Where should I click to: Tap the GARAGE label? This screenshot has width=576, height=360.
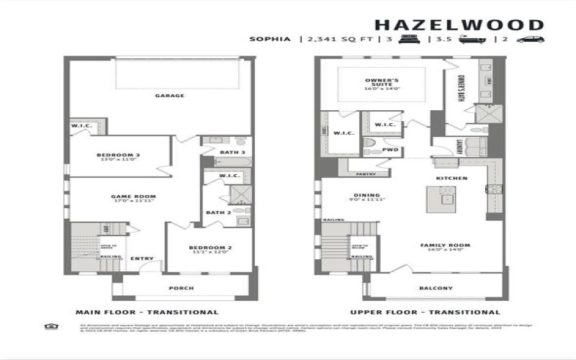[170, 95]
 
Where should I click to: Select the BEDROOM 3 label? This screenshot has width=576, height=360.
[118, 155]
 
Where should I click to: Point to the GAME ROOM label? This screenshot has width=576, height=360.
[133, 196]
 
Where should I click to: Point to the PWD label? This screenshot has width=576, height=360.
[390, 150]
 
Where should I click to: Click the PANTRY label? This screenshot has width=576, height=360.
[366, 174]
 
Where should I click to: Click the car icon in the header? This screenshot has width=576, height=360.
[530, 39]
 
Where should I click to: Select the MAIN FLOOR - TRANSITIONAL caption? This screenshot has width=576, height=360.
[147, 312]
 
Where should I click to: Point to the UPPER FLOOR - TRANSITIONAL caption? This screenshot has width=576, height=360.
[425, 312]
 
